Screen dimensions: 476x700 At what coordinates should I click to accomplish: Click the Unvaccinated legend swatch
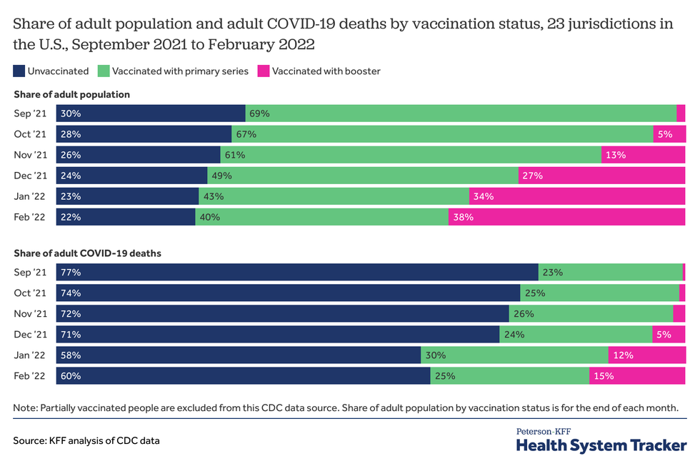pyautogui.click(x=19, y=71)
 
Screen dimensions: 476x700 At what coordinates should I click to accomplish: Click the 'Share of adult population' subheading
pyautogui.click(x=71, y=94)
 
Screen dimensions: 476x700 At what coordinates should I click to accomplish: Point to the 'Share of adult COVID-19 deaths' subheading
pyautogui.click(x=87, y=253)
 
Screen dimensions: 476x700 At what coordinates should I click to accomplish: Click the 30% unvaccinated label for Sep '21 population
pyautogui.click(x=71, y=113)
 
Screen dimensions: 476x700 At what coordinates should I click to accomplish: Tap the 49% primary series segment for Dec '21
pyautogui.click(x=363, y=176)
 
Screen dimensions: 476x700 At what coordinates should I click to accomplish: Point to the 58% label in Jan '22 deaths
pyautogui.click(x=71, y=355)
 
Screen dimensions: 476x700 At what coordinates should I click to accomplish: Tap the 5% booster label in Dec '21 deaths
pyautogui.click(x=664, y=334)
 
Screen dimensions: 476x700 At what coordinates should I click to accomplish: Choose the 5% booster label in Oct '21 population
pyautogui.click(x=664, y=134)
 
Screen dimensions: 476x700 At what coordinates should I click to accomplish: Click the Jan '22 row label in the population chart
pyautogui.click(x=30, y=196)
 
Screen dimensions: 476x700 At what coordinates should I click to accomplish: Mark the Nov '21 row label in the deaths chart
pyautogui.click(x=30, y=313)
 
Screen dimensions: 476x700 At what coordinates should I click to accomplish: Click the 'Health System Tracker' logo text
pyautogui.click(x=601, y=445)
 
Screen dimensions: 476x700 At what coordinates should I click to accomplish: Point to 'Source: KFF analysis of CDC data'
pyautogui.click(x=86, y=441)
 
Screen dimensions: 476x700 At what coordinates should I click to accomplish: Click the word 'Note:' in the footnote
pyautogui.click(x=25, y=407)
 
